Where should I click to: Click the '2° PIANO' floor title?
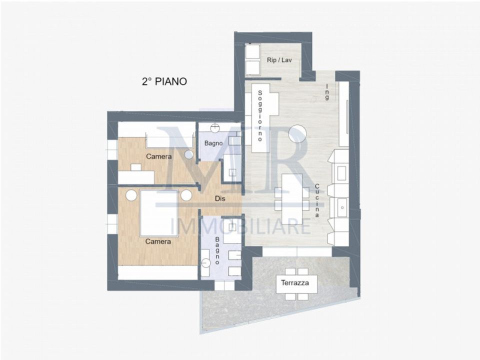[164, 81]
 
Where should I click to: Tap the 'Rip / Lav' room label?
[279, 60]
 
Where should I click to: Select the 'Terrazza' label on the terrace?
[295, 283]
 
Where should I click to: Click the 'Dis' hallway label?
[220, 198]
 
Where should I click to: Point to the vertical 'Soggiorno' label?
[260, 115]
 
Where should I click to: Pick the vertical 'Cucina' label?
[317, 200]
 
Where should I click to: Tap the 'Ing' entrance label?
[327, 92]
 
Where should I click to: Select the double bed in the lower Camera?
[158, 213]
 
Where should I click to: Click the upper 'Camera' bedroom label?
[159, 156]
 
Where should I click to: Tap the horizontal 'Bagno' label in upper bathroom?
[213, 143]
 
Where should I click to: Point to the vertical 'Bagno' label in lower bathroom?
[217, 250]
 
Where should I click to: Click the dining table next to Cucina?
[292, 199]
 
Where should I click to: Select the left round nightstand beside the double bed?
[131, 195]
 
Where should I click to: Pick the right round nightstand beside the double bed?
[186, 195]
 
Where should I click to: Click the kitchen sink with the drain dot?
[342, 207]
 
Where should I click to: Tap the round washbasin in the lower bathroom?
[206, 262]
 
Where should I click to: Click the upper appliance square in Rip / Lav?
[252, 51]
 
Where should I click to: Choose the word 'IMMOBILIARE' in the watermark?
[240, 226]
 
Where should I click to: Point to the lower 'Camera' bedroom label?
[158, 241]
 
